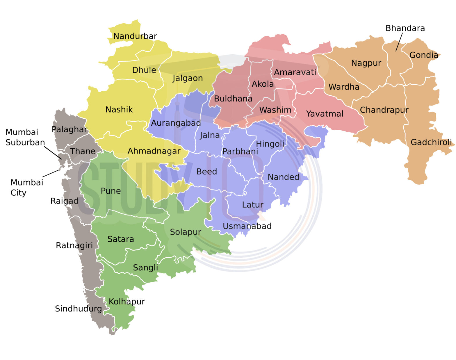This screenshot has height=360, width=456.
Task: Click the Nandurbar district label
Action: pyautogui.click(x=135, y=36)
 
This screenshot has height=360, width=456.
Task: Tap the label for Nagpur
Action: pyautogui.click(x=366, y=63)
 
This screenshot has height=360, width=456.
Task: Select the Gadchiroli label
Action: pyautogui.click(x=431, y=142)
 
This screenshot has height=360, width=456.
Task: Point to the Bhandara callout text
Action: pyautogui.click(x=405, y=28)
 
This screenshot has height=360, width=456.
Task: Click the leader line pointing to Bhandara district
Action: pyautogui.click(x=399, y=42)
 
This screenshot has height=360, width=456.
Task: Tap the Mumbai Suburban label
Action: pyautogui.click(x=25, y=137)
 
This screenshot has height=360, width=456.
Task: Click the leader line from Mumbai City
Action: pyautogui.click(x=51, y=173)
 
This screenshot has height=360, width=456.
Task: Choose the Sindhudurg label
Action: pyautogui.click(x=78, y=309)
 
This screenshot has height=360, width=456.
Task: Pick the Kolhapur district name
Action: pyautogui.click(x=127, y=302)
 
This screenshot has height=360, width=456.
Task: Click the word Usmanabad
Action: pyautogui.click(x=247, y=226)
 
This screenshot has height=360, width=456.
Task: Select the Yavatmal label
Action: pyautogui.click(x=325, y=114)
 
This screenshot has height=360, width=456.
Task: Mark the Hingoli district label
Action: pyautogui.click(x=270, y=144)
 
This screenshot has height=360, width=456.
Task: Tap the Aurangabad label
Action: pyautogui.click(x=176, y=123)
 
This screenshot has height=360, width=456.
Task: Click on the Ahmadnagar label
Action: pyautogui.click(x=154, y=151)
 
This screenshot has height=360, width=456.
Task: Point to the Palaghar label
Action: pyautogui.click(x=70, y=129)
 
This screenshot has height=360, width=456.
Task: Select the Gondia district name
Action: pyautogui.click(x=423, y=55)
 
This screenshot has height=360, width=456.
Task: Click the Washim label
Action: pyautogui.click(x=275, y=110)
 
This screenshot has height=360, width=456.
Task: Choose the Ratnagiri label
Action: pyautogui.click(x=74, y=245)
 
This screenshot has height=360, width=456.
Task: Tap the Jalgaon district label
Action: pyautogui.click(x=188, y=78)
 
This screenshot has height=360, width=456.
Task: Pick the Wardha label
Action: pyautogui.click(x=344, y=87)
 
